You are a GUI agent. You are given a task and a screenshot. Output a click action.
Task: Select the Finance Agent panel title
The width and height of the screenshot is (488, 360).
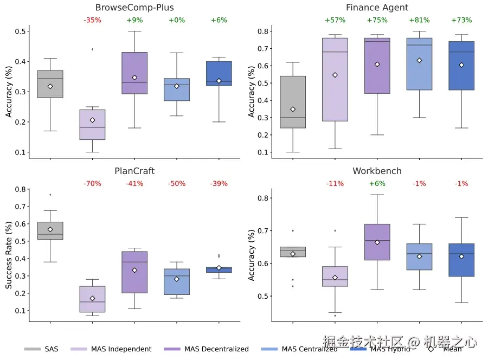click(377, 8)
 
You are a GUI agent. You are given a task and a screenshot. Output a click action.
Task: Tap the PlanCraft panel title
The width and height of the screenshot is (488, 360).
click(134, 171)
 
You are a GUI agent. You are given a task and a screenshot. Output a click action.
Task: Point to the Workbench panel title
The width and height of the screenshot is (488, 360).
click(377, 171)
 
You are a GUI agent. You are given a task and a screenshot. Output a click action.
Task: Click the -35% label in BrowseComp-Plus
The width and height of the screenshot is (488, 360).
click(92, 21)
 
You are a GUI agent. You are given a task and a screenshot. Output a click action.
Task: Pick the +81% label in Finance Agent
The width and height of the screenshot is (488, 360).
click(419, 21)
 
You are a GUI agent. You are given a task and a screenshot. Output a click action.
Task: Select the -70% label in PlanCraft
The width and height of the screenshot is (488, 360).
click(92, 184)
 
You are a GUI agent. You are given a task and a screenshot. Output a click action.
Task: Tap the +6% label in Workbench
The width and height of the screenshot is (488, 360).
click(377, 184)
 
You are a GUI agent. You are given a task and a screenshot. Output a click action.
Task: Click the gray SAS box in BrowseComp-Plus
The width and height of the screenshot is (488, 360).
click(50, 84)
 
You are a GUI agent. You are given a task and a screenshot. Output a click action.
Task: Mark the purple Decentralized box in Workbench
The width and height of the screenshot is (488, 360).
click(377, 242)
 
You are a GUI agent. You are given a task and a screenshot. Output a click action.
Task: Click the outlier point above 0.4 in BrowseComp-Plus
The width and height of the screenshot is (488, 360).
click(92, 49)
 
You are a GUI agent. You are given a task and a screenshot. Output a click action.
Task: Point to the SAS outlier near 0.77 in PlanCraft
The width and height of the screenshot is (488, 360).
click(50, 195)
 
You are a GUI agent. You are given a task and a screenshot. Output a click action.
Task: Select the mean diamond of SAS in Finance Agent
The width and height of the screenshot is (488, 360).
click(293, 110)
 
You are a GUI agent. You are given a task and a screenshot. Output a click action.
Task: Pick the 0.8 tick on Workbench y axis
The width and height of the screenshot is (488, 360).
click(263, 198)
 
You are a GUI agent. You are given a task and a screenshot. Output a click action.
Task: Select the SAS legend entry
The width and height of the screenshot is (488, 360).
click(43, 349)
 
